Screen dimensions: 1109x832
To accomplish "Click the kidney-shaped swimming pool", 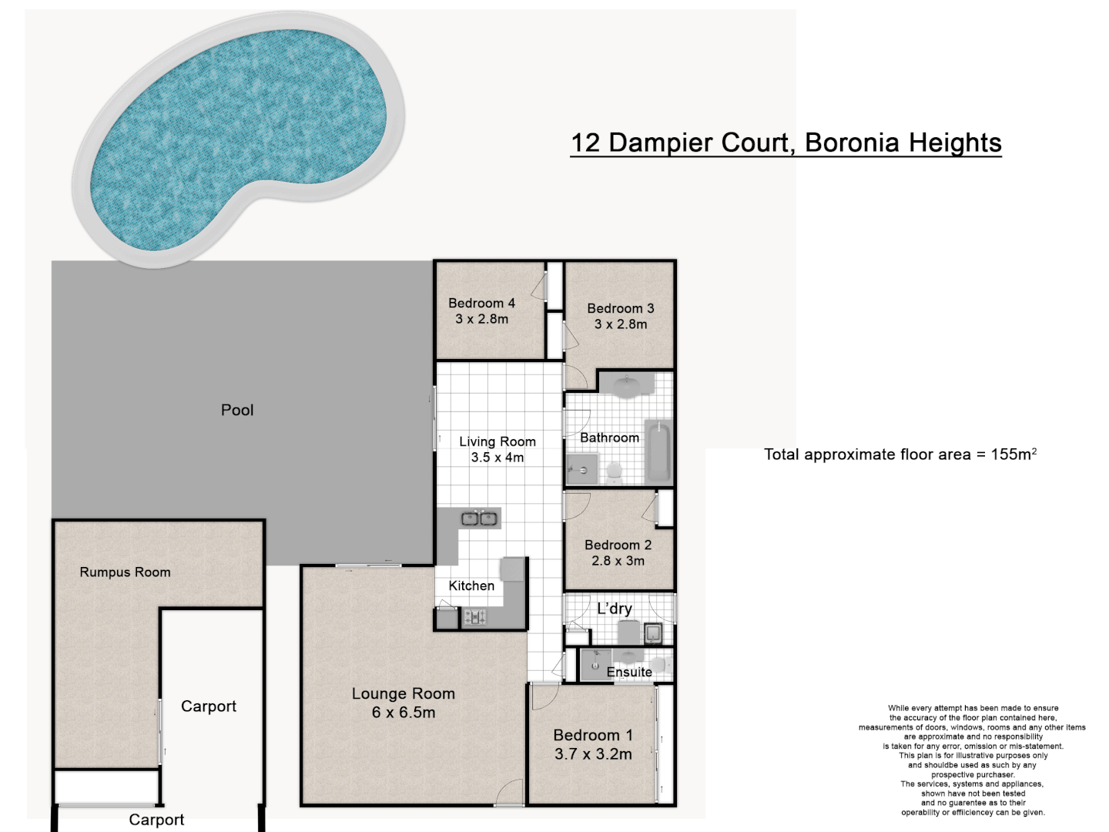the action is click(237, 136).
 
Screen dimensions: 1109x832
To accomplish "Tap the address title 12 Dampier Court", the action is click(680, 143).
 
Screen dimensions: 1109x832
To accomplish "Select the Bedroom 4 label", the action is click(481, 303).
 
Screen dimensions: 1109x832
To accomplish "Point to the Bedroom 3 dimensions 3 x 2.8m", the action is click(621, 324).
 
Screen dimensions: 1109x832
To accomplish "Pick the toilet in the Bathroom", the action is click(614, 473).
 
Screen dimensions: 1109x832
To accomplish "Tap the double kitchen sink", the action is click(479, 518).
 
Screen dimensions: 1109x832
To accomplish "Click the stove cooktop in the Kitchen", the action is click(475, 616).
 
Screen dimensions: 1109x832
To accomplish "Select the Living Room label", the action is click(498, 441).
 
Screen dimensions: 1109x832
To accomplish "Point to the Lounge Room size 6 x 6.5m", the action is click(404, 713).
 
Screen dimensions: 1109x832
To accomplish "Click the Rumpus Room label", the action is click(125, 572).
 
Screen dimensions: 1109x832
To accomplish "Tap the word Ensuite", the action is click(629, 672).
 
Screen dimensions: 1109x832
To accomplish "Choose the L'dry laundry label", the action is click(615, 609).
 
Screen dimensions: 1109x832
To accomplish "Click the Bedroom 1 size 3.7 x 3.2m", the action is click(593, 754).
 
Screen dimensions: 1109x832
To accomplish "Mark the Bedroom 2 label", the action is click(618, 545).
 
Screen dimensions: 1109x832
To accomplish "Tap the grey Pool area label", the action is click(237, 410).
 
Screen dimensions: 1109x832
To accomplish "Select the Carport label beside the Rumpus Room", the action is click(209, 706).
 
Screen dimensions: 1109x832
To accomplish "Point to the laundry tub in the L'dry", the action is click(653, 633).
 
